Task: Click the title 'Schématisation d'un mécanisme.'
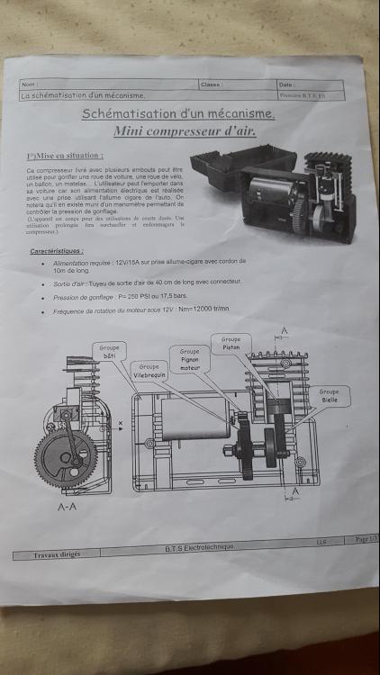click(177, 114)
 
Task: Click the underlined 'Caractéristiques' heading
click(57, 251)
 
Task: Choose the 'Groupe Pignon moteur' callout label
click(189, 358)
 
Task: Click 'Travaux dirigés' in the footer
click(57, 553)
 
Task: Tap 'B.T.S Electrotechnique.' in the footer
click(198, 547)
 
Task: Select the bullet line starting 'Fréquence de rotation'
click(140, 310)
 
